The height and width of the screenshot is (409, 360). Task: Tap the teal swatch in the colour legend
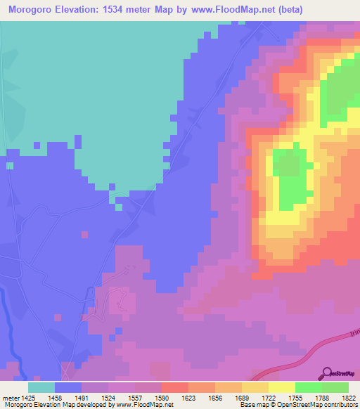coord(41,387)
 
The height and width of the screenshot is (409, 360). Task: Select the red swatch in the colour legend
coord(175,387)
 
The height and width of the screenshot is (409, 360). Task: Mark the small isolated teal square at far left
coord(10,166)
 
